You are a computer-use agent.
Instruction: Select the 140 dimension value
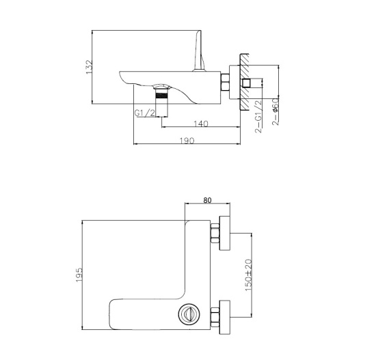[201, 124]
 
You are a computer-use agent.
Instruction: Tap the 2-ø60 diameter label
[275, 115]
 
